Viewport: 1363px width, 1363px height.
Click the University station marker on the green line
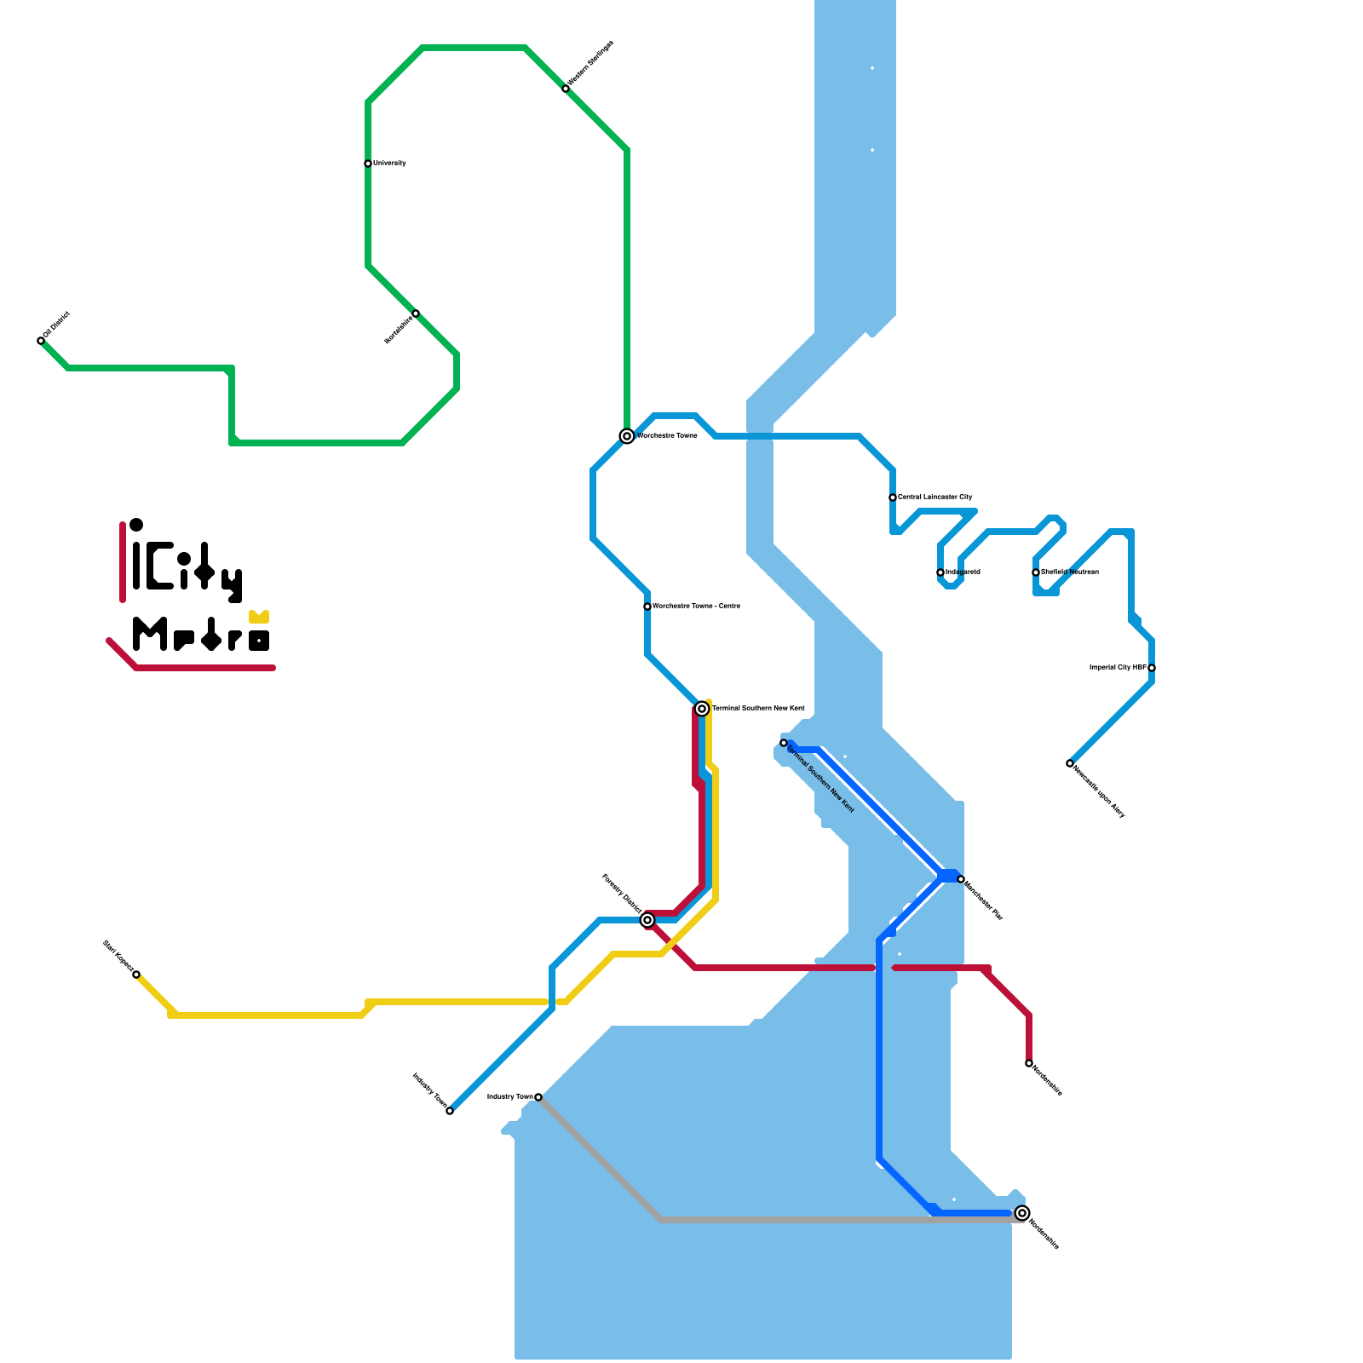[368, 164]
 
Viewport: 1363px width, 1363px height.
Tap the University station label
[389, 163]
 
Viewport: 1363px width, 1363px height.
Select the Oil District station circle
[41, 341]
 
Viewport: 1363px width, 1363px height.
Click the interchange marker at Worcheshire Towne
[627, 436]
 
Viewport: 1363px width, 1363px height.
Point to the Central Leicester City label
[935, 497]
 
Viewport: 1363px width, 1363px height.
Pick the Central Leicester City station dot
[893, 497]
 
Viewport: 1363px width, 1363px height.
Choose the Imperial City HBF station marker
[1152, 668]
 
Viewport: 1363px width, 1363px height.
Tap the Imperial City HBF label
[1118, 667]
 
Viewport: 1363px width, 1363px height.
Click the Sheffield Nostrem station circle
[1036, 572]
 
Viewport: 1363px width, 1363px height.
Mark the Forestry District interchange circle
[647, 920]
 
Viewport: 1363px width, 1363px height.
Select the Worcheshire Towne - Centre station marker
[647, 607]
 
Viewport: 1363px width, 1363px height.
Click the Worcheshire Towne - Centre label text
[696, 606]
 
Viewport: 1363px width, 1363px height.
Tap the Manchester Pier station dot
[961, 879]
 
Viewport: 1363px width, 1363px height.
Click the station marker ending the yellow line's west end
[136, 975]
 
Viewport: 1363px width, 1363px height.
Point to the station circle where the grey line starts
[538, 1097]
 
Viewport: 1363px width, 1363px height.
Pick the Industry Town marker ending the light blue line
[450, 1111]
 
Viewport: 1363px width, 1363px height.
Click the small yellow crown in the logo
[259, 616]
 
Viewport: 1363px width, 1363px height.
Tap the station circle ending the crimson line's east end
[1029, 1063]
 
